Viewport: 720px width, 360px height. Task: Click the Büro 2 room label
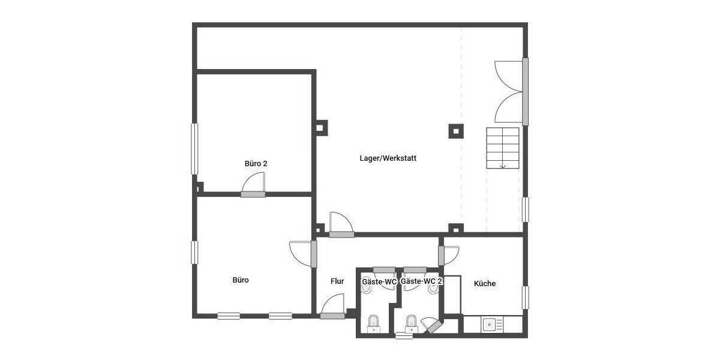[x=256, y=163]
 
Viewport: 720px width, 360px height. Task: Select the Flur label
[x=337, y=281]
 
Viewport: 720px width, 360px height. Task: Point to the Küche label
[x=485, y=284]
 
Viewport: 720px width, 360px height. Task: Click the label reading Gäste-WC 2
[x=422, y=281]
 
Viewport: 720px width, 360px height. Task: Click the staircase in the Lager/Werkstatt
[x=502, y=148]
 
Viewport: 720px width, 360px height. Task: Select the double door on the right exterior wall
[x=511, y=91]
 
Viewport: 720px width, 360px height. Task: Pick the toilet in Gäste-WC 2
[x=412, y=323]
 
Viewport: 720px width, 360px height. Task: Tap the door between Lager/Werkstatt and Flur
[x=341, y=225]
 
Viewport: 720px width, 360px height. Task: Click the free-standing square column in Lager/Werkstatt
[x=456, y=130]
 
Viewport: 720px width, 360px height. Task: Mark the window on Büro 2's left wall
[x=194, y=149]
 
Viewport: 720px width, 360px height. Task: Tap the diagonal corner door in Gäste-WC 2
[x=432, y=326]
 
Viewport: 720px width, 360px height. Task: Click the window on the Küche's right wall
[x=526, y=297]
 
